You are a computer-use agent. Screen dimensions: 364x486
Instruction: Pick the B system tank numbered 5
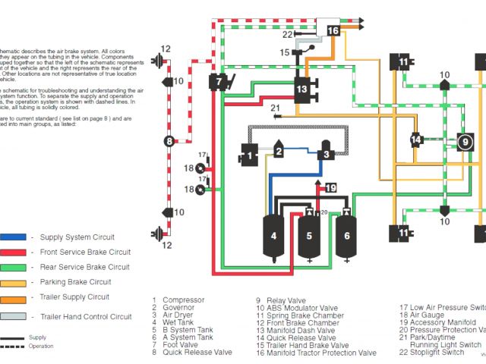pos(309,236)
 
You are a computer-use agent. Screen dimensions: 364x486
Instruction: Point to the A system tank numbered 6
pos(346,236)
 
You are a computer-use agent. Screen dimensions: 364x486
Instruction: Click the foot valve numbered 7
pos(219,81)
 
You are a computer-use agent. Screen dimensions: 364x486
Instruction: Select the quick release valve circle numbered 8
pos(169,140)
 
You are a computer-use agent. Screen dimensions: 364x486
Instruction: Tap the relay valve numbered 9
pos(463,141)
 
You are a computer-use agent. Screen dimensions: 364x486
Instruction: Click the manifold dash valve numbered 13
pos(302,89)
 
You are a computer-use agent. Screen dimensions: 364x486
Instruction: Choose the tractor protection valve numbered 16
pos(333,30)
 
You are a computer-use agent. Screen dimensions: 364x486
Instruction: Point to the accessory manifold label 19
pos(330,187)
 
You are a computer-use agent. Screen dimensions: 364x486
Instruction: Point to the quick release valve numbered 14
pos(416,140)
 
